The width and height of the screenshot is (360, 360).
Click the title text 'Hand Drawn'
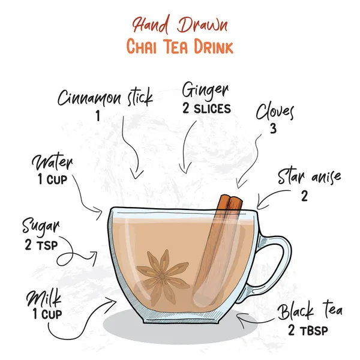point(179,25)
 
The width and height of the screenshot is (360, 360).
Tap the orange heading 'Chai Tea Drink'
point(179,46)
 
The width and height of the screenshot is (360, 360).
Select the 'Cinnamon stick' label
point(105,97)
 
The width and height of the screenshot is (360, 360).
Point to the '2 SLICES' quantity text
point(205,109)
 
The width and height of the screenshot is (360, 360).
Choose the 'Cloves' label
point(275,112)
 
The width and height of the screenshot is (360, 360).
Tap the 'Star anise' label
point(308,177)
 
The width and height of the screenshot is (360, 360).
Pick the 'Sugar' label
point(41,227)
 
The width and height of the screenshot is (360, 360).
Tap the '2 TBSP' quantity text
point(308,330)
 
